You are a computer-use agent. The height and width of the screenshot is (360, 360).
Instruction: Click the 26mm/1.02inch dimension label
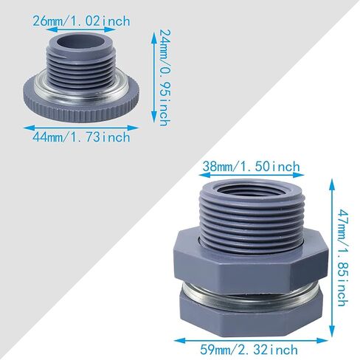pyautogui.click(x=81, y=21)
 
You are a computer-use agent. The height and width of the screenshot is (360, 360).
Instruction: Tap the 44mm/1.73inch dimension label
pyautogui.click(x=81, y=136)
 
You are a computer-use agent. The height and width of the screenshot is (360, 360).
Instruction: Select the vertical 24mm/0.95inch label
pyautogui.click(x=165, y=77)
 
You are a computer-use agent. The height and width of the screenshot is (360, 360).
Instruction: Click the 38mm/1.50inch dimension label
pyautogui.click(x=252, y=167)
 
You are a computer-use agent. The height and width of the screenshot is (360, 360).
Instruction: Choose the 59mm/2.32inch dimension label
pyautogui.click(x=249, y=350)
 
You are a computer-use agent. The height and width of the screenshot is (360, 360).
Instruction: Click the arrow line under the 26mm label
pyautogui.click(x=81, y=30)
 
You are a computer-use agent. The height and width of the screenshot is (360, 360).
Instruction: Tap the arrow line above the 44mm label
pyautogui.click(x=81, y=128)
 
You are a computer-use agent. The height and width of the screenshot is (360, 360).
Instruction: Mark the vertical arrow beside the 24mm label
pyautogui.click(x=154, y=77)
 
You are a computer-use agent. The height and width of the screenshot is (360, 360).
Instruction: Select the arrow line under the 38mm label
pyautogui.click(x=252, y=175)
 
